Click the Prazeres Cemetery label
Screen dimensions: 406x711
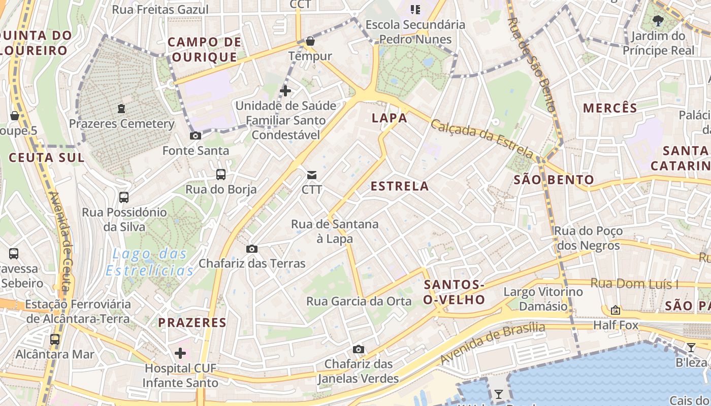pyautogui.click(x=121, y=124)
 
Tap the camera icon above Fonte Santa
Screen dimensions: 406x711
pyautogui.click(x=196, y=136)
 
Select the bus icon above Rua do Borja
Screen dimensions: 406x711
pyautogui.click(x=221, y=175)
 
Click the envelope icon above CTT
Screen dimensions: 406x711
pyautogui.click(x=312, y=175)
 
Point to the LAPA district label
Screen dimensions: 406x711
pyautogui.click(x=390, y=118)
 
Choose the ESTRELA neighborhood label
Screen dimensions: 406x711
pyautogui.click(x=400, y=186)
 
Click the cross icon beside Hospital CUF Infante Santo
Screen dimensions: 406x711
pyautogui.click(x=180, y=353)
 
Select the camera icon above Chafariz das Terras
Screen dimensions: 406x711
pyautogui.click(x=251, y=249)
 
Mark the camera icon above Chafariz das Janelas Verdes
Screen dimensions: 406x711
pyautogui.click(x=359, y=349)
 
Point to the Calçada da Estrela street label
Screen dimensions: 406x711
pyautogui.click(x=482, y=138)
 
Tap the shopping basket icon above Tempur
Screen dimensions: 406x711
pyautogui.click(x=310, y=41)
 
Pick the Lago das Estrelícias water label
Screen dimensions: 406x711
pyautogui.click(x=150, y=262)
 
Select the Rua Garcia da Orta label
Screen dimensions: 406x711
pyautogui.click(x=359, y=301)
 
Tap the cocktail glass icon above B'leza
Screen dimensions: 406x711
pyautogui.click(x=691, y=348)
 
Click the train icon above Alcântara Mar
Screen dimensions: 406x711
pyautogui.click(x=55, y=339)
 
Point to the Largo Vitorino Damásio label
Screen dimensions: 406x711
pyautogui.click(x=543, y=299)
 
